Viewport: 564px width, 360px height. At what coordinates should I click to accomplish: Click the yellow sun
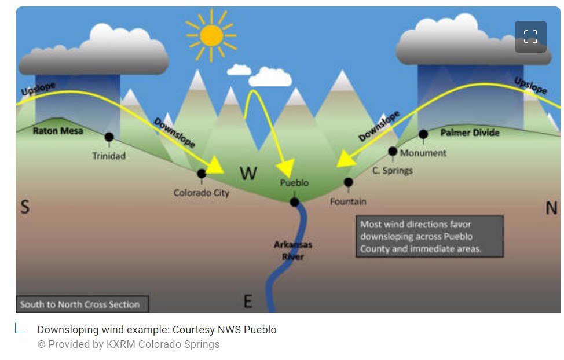(211, 35)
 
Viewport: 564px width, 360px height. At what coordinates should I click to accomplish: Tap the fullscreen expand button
(530, 37)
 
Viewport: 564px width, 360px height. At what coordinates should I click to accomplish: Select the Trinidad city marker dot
(109, 137)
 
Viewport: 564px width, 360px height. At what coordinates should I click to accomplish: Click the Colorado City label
(202, 193)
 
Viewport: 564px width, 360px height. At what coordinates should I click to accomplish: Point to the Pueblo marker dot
(295, 202)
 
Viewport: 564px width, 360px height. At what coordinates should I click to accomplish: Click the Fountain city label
(348, 201)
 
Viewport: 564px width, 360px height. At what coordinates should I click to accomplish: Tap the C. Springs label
(393, 170)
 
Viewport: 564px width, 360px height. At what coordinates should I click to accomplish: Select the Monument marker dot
(393, 152)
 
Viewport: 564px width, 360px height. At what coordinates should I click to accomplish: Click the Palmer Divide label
(470, 133)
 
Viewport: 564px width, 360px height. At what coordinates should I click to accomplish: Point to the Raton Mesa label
(58, 131)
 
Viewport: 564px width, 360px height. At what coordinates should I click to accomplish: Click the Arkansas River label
(293, 250)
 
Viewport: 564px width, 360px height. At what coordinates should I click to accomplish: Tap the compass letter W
(248, 172)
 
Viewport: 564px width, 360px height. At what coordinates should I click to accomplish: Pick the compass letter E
(248, 301)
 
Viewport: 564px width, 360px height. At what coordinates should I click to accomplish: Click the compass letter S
(25, 207)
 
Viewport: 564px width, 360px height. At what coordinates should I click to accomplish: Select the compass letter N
(551, 208)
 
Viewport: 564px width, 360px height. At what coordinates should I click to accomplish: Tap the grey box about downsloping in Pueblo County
(429, 236)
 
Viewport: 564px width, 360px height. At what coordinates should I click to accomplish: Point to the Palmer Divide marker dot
(423, 134)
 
